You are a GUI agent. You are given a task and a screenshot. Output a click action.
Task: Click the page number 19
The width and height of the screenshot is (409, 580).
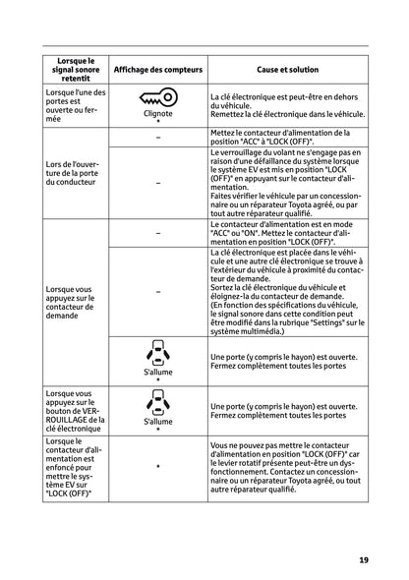(x=363, y=560)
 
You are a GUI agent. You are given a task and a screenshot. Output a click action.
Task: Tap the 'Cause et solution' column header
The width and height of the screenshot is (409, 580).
(x=287, y=70)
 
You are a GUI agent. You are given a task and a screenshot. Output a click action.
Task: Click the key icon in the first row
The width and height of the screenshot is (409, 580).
(x=157, y=99)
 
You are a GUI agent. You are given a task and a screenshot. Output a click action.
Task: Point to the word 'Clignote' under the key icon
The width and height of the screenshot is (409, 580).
(x=157, y=113)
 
